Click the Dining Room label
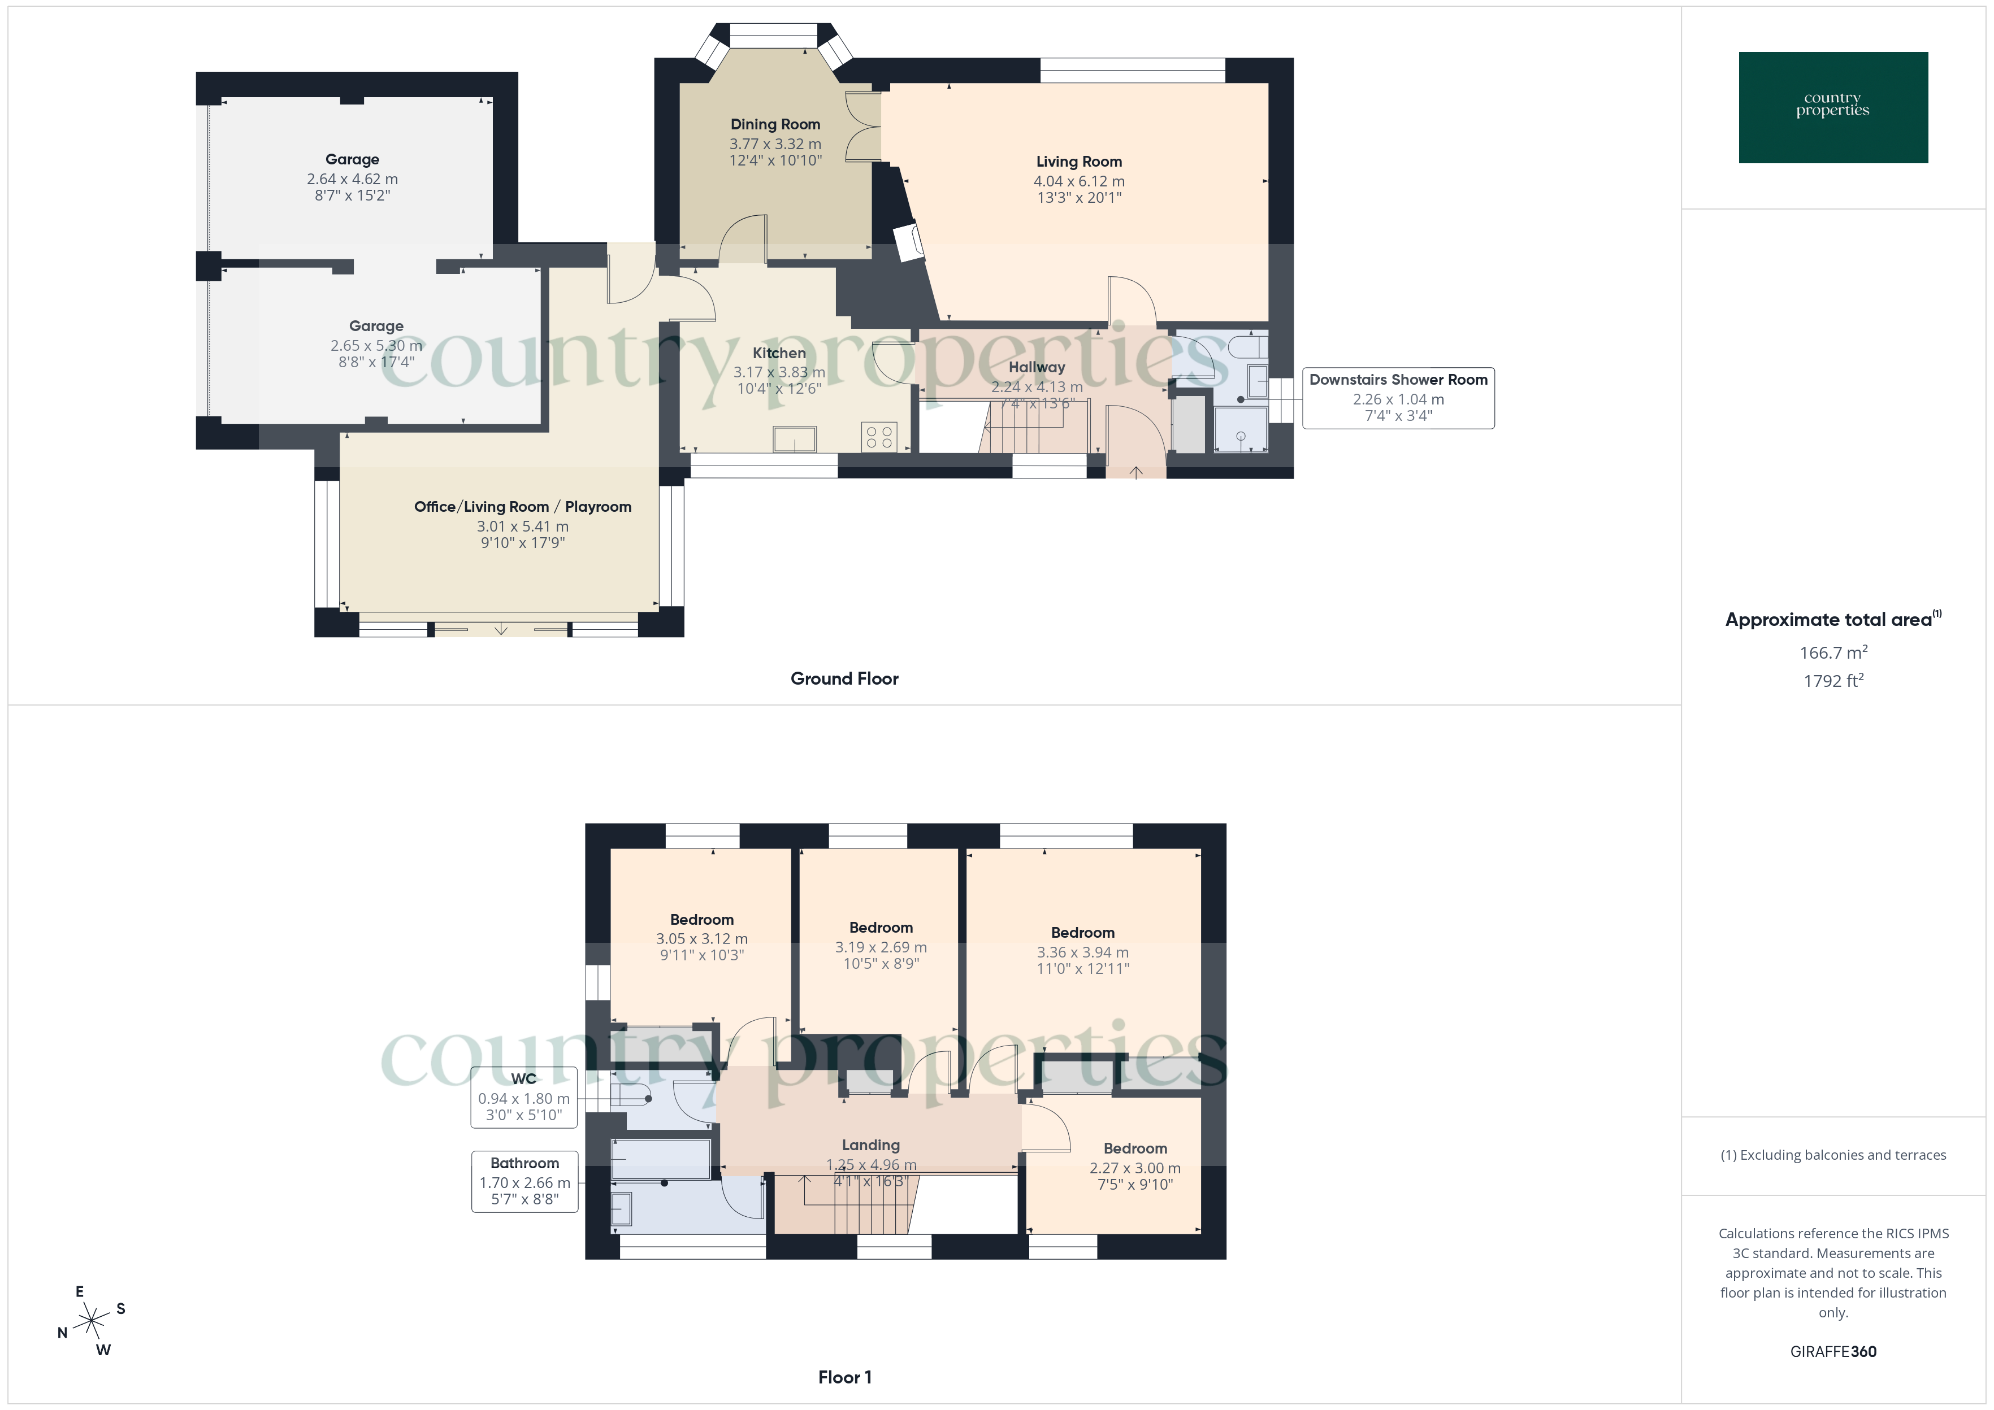point(775,124)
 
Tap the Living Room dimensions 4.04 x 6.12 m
point(1078,181)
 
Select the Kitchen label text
point(779,352)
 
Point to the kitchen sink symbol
point(795,439)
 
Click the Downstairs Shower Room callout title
point(1398,380)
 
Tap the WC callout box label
point(524,1078)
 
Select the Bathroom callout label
point(524,1163)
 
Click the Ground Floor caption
point(844,678)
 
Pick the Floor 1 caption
point(844,1377)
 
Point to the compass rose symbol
point(91,1321)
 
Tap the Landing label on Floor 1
point(870,1145)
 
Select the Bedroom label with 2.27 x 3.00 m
point(1135,1148)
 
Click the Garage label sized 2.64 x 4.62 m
point(352,159)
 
